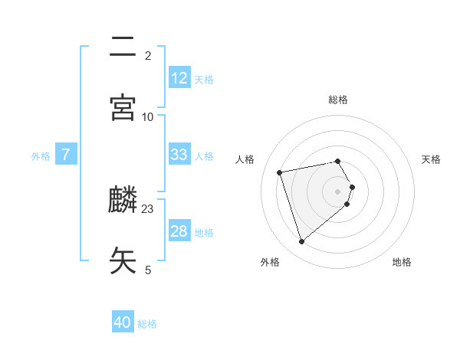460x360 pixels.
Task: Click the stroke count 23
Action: point(148,208)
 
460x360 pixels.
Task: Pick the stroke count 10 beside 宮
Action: point(148,116)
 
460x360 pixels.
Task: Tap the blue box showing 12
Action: point(179,77)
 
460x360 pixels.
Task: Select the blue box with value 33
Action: point(179,155)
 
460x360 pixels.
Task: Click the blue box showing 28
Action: point(179,231)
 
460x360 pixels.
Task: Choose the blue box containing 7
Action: point(67,155)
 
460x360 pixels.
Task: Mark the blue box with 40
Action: point(123,322)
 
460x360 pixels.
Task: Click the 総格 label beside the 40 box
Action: point(147,324)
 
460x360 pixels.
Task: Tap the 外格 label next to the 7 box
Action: point(41,156)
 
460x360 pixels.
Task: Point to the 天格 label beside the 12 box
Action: point(204,79)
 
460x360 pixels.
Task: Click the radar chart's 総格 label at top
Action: point(338,100)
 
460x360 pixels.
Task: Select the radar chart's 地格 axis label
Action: point(402,262)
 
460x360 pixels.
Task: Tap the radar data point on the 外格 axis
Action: point(301,241)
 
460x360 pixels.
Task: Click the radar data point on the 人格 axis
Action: point(280,172)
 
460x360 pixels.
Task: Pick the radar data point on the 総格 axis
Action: point(338,161)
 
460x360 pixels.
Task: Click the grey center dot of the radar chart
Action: point(338,190)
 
